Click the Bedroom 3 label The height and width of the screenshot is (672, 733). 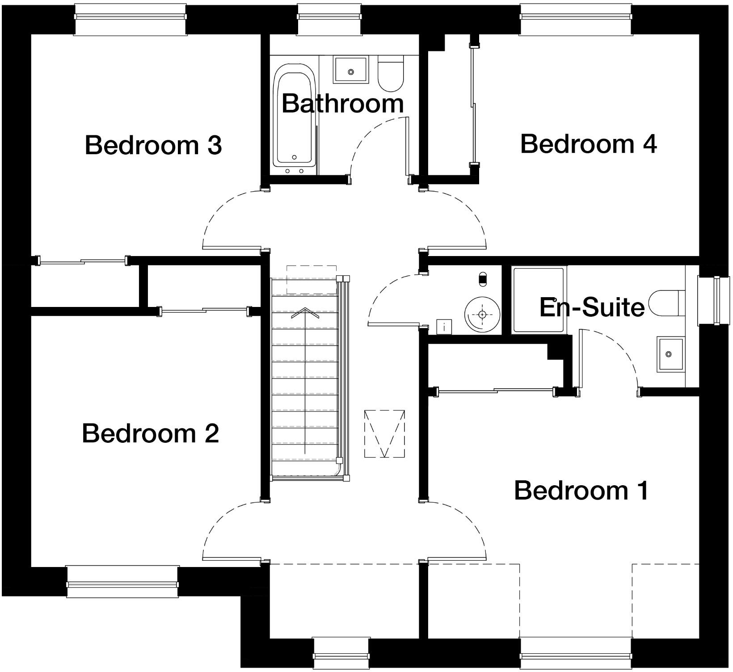click(153, 146)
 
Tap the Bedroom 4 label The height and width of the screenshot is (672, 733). click(588, 144)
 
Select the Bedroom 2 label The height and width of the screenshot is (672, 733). click(151, 433)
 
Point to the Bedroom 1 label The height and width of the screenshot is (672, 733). click(581, 491)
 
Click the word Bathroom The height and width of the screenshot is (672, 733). click(343, 104)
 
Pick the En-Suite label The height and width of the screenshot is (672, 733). click(592, 307)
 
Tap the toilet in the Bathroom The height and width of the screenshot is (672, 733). click(391, 74)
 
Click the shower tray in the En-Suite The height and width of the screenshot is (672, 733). click(538, 300)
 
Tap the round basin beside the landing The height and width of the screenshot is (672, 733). click(482, 314)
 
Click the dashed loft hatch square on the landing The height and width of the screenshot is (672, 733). click(384, 433)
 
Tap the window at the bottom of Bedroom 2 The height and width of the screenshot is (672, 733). click(122, 582)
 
